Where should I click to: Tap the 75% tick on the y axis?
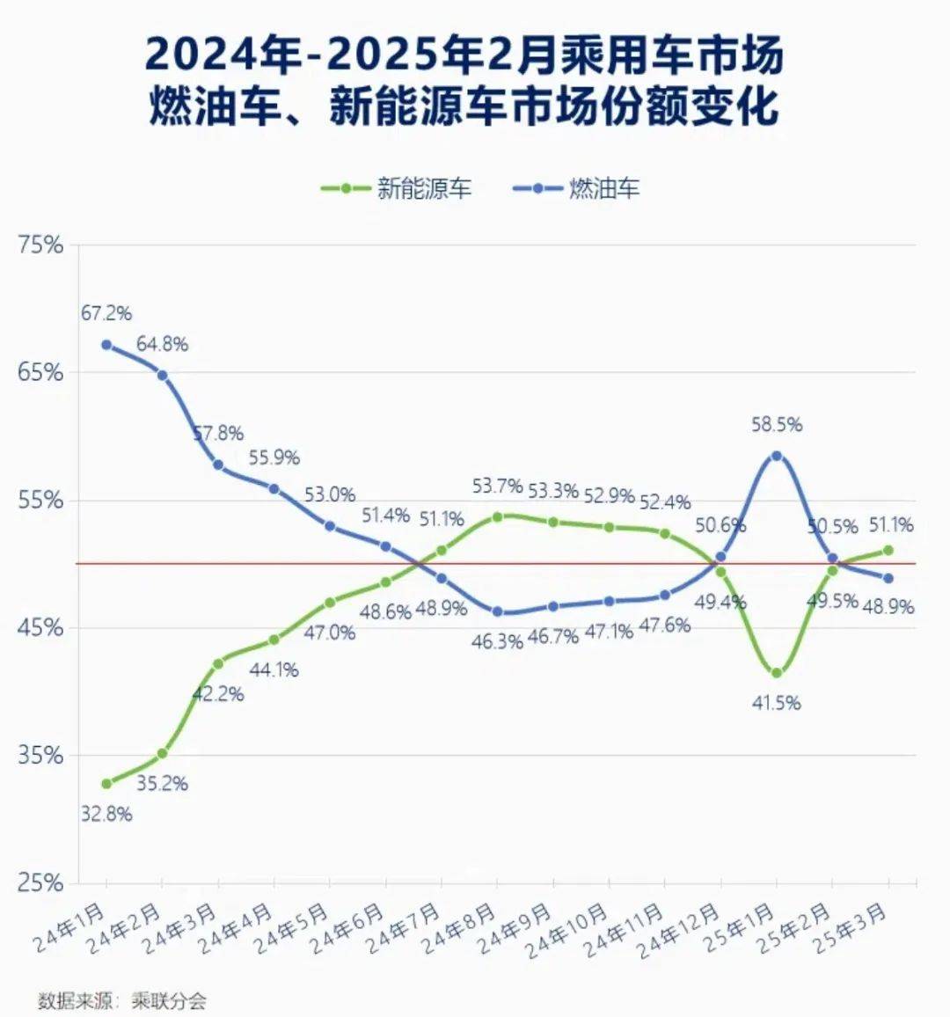[x=41, y=245]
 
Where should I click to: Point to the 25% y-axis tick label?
[x=41, y=882]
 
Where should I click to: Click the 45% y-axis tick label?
[x=41, y=627]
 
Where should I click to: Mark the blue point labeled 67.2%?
[x=106, y=345]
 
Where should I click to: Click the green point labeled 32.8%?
[x=106, y=783]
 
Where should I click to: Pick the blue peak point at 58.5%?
[x=777, y=456]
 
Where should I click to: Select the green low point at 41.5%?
[x=777, y=673]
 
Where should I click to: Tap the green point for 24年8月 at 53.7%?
[x=497, y=516]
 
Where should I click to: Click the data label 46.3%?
[x=496, y=641]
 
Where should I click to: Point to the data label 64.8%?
[x=163, y=344]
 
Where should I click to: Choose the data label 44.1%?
[x=274, y=669]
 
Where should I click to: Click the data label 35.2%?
[x=163, y=783]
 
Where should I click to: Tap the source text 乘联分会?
[x=169, y=1000]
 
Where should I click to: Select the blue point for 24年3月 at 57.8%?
[x=218, y=465]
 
